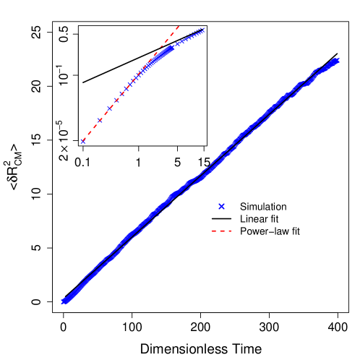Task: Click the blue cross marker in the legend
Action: [x=221, y=206]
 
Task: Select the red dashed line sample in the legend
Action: [x=221, y=231]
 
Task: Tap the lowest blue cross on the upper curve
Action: [x=83, y=141]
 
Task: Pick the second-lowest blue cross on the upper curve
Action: [x=100, y=120]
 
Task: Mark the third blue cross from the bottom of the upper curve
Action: [x=110, y=108]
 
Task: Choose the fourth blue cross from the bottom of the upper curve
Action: [x=117, y=100]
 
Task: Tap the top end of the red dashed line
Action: [x=179, y=26]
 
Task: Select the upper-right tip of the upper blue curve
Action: [x=204, y=30]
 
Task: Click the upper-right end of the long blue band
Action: [x=336, y=60]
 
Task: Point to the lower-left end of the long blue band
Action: [x=64, y=301]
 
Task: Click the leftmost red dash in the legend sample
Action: [x=214, y=231]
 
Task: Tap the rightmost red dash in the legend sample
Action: [x=228, y=231]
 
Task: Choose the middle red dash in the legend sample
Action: [x=221, y=231]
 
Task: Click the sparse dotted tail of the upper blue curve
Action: [x=192, y=35]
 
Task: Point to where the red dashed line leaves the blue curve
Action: [x=155, y=54]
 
